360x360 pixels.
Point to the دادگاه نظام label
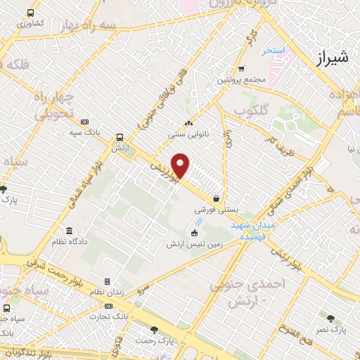(68, 242)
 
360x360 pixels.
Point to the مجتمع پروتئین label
(242, 80)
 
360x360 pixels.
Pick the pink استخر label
(272, 51)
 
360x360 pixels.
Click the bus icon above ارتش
(119, 138)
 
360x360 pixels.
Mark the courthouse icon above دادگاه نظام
(68, 231)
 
